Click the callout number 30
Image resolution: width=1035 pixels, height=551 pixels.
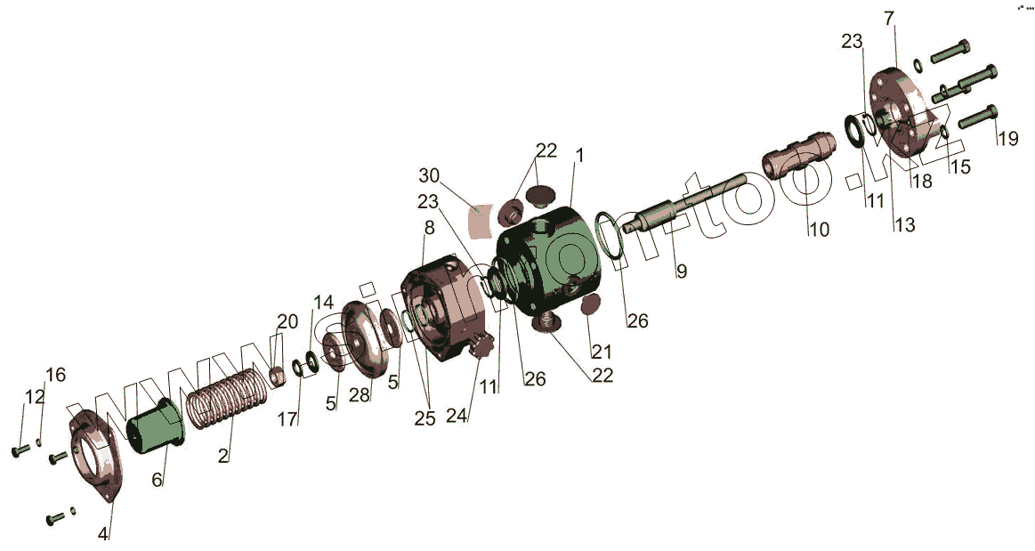point(429,175)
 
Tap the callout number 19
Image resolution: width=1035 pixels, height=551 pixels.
point(1008,139)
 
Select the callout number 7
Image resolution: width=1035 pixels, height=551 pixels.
point(889,19)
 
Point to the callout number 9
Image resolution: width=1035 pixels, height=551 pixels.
point(681,271)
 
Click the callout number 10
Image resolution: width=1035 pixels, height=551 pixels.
point(819,230)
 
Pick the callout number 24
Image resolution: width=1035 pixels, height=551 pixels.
point(457,415)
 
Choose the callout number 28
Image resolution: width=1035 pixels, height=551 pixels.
point(360,394)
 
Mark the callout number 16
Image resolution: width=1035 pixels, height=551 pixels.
point(56,375)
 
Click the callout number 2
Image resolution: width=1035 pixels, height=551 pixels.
point(223,455)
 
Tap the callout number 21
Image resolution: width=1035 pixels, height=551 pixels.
point(602,351)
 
